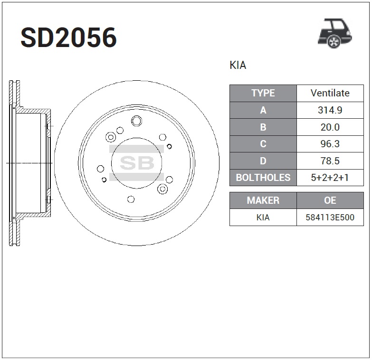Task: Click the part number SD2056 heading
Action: point(68,38)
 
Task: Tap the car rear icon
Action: point(335,33)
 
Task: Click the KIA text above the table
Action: point(238,65)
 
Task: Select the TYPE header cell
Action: point(263,93)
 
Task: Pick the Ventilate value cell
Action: point(330,93)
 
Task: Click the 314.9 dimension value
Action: point(330,110)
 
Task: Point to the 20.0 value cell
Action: point(330,127)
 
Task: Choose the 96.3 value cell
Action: point(330,144)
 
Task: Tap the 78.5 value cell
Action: point(330,161)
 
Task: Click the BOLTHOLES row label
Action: point(263,178)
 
